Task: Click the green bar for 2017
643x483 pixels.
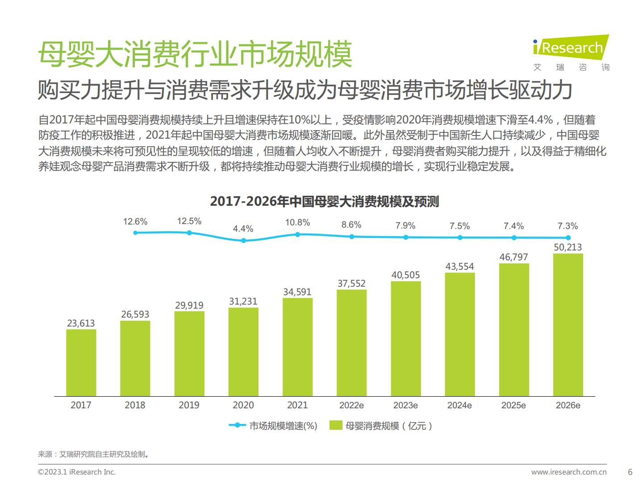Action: click(81, 362)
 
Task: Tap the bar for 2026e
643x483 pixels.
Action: click(568, 325)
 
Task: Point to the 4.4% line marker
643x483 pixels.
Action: click(243, 241)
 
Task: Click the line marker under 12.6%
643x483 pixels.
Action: click(135, 233)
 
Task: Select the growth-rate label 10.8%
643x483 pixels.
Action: click(297, 222)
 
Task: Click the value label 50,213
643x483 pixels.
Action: click(568, 247)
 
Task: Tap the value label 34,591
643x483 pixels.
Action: click(297, 292)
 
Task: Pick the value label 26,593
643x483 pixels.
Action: click(135, 314)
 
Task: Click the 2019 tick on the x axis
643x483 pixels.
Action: click(189, 405)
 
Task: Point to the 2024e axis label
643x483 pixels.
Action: click(459, 405)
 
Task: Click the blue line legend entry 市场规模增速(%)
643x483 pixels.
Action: click(273, 426)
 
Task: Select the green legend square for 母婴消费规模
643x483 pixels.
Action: click(336, 425)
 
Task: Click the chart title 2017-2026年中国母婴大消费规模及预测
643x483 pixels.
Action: click(325, 202)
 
